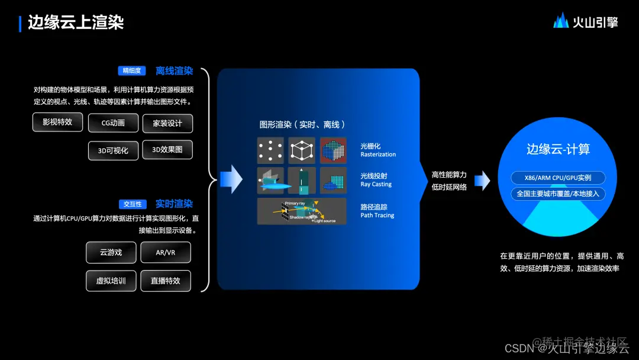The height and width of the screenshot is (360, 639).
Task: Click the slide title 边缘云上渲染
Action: (x=76, y=23)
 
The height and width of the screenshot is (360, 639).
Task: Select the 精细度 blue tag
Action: (x=131, y=71)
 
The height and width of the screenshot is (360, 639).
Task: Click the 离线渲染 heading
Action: (x=174, y=71)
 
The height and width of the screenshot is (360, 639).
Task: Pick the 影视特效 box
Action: (x=57, y=122)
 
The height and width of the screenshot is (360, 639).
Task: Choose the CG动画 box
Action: (x=113, y=123)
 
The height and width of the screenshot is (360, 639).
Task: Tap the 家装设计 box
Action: (x=167, y=123)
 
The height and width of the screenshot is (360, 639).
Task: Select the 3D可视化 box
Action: (x=113, y=150)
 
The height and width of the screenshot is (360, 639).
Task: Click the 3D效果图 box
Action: (x=167, y=150)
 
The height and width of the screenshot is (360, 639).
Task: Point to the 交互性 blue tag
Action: (x=132, y=204)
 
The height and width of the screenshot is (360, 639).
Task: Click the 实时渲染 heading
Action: (x=174, y=204)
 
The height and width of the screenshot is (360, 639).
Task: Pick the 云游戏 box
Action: (x=111, y=252)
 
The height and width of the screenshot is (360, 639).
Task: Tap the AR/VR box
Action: (x=165, y=252)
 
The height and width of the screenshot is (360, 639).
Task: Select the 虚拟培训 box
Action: (x=111, y=281)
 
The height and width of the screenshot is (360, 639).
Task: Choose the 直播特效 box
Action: (x=165, y=281)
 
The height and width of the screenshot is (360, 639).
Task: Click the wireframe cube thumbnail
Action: (x=302, y=150)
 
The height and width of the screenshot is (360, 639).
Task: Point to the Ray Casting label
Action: (x=376, y=184)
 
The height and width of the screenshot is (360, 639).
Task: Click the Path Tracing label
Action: (x=377, y=216)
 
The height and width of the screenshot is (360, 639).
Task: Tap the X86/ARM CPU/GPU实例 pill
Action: (x=559, y=178)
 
